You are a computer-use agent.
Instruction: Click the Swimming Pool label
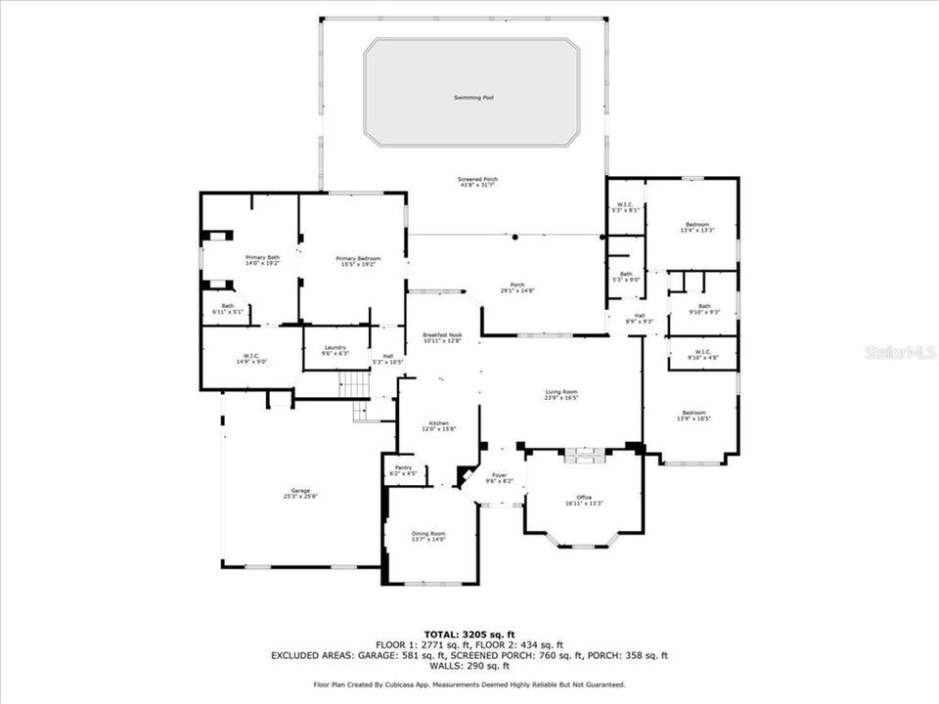tap(471, 98)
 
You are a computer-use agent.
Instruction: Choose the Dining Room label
tap(428, 535)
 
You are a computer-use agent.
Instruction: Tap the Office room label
tap(584, 500)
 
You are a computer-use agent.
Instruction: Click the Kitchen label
tap(437, 425)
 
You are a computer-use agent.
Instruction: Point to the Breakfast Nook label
tap(442, 337)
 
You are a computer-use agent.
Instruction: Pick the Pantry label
tap(403, 469)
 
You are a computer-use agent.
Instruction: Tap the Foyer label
tap(499, 477)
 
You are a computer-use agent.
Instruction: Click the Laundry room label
tap(335, 349)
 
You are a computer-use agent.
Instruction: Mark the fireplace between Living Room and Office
tap(584, 453)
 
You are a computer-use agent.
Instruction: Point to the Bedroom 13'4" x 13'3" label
tap(698, 227)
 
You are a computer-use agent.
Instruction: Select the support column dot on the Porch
tap(515, 237)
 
